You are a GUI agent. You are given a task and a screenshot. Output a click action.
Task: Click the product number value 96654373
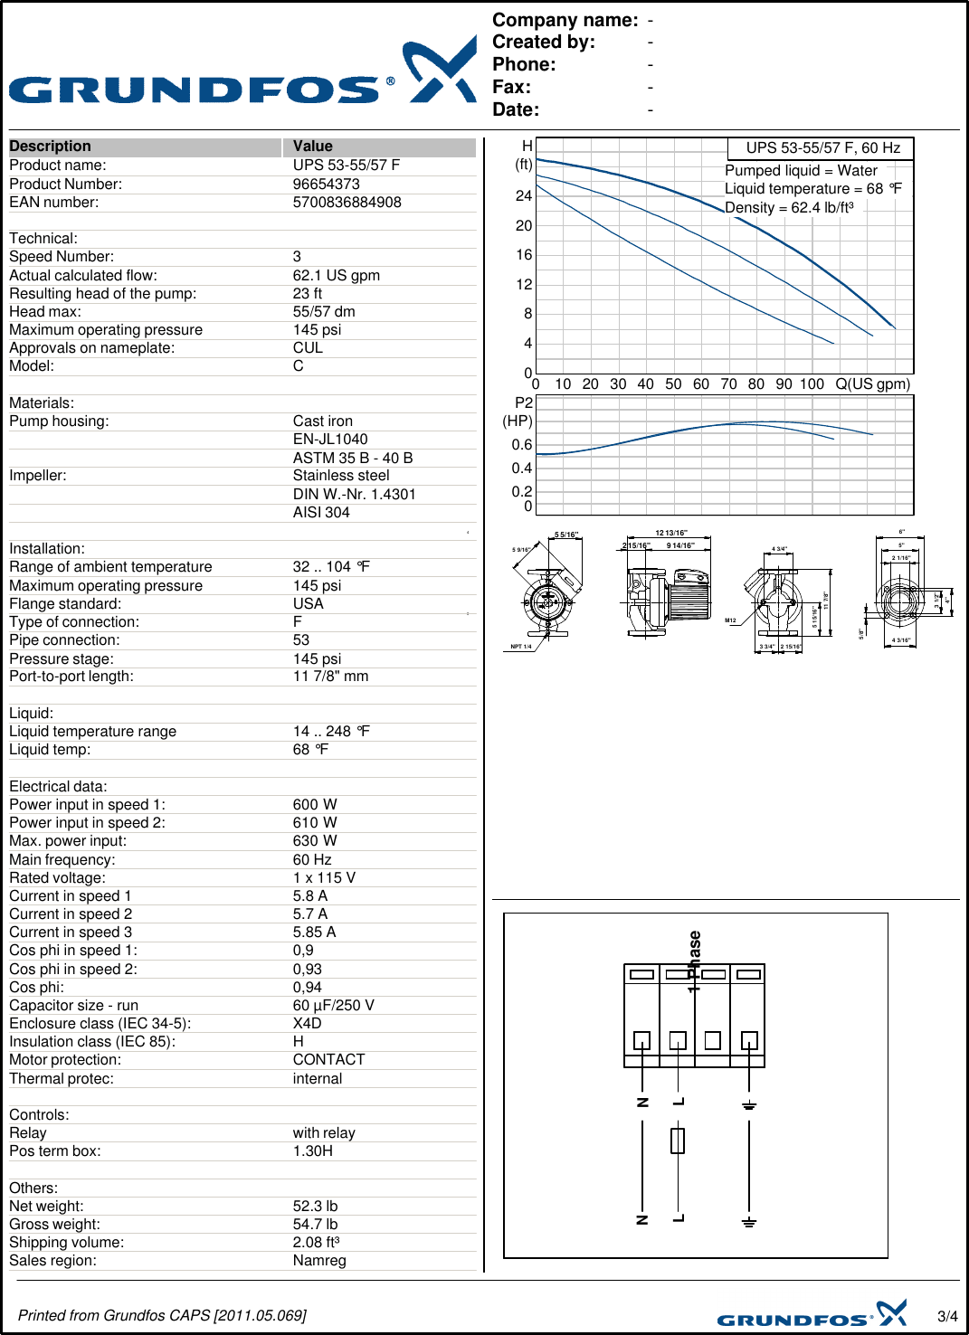pos(326,184)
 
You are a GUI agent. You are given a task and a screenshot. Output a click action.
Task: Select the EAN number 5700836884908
pos(347,203)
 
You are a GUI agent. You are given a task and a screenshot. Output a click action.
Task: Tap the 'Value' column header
pos(312,147)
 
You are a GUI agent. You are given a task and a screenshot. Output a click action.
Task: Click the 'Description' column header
pos(50,147)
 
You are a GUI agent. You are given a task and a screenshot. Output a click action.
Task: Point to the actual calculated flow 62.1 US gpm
pos(336,275)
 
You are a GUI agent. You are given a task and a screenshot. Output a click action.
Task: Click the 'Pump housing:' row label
pos(59,421)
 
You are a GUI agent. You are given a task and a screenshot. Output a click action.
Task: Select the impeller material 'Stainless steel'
pos(340,476)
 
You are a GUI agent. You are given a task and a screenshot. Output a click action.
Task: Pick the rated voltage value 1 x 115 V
pos(324,877)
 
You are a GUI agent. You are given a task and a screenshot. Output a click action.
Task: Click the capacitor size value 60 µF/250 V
pos(333,1006)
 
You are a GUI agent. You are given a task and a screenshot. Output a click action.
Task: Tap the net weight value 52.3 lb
pos(315,1207)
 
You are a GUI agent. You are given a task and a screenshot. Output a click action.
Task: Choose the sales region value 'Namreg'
pos(318,1261)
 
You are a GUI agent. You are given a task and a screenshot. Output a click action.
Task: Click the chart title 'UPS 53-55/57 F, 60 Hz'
pos(822,148)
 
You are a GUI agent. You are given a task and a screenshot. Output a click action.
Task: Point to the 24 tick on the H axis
pos(524,196)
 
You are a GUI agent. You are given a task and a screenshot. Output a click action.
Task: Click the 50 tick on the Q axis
pos(673,384)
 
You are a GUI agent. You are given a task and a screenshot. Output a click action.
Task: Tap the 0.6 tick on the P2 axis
pos(522,445)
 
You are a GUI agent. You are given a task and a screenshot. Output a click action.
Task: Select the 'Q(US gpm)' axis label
pos(872,384)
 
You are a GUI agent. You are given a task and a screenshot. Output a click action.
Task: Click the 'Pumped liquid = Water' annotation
pos(801,171)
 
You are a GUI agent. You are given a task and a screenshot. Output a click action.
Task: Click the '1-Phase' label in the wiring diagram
pos(694,961)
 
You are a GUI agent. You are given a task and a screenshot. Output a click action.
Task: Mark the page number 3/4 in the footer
pos(947,1316)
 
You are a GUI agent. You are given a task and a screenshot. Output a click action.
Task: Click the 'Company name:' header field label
pos(565,20)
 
